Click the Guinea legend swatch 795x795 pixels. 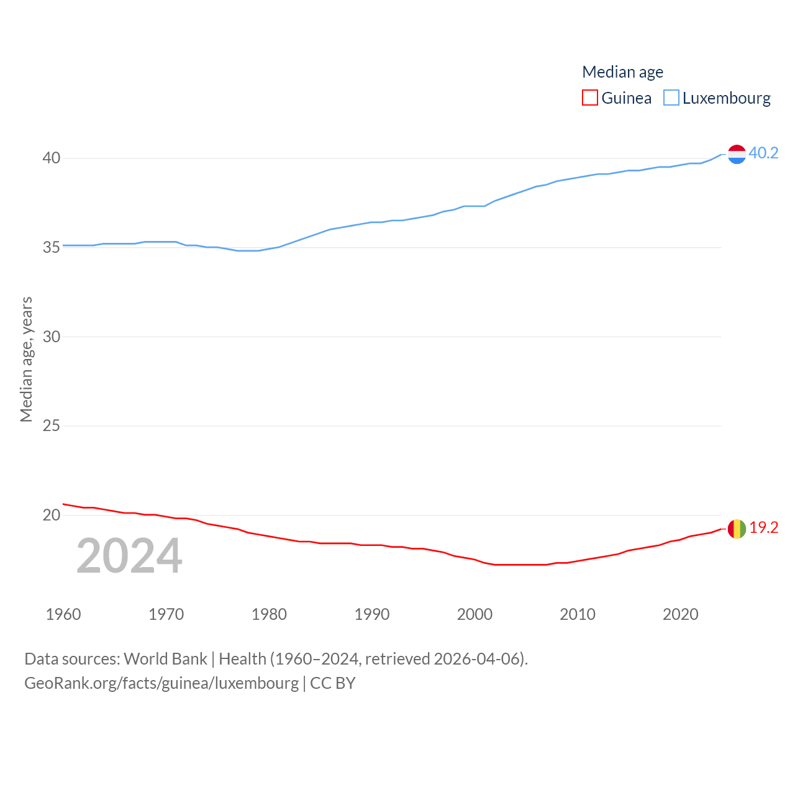(x=590, y=98)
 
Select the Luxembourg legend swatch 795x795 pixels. (x=671, y=98)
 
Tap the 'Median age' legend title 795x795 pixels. (x=622, y=72)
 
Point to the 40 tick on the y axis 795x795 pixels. (x=52, y=158)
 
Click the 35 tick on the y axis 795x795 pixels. (x=52, y=247)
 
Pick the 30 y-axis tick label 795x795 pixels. (x=52, y=337)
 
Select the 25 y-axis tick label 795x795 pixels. (x=52, y=425)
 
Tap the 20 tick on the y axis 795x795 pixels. (x=52, y=515)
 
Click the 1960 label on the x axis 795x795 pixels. (x=63, y=614)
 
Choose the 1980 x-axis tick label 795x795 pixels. (x=269, y=614)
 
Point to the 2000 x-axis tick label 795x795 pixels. (x=475, y=614)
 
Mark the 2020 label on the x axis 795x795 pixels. (x=680, y=614)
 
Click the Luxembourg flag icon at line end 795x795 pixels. (x=737, y=154)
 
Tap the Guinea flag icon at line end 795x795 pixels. (x=737, y=529)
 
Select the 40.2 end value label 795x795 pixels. (x=763, y=153)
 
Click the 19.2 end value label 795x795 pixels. (x=763, y=527)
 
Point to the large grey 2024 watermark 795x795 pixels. (x=129, y=556)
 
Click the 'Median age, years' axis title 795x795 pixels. (x=26, y=359)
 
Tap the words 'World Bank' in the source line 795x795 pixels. (x=165, y=659)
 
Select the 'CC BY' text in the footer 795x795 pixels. (x=333, y=683)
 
